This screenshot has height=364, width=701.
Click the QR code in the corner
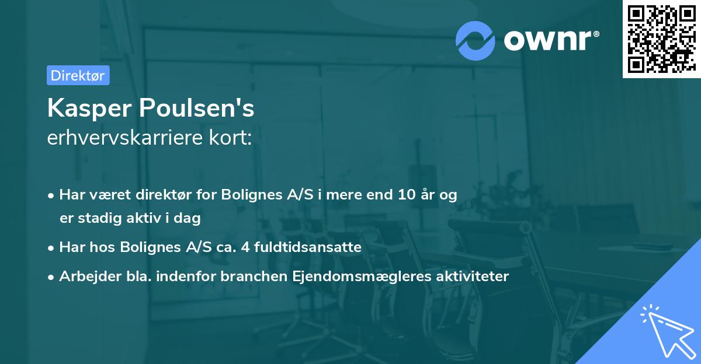click(x=661, y=39)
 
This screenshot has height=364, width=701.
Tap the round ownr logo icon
click(x=476, y=40)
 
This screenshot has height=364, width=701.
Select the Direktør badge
click(x=78, y=75)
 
